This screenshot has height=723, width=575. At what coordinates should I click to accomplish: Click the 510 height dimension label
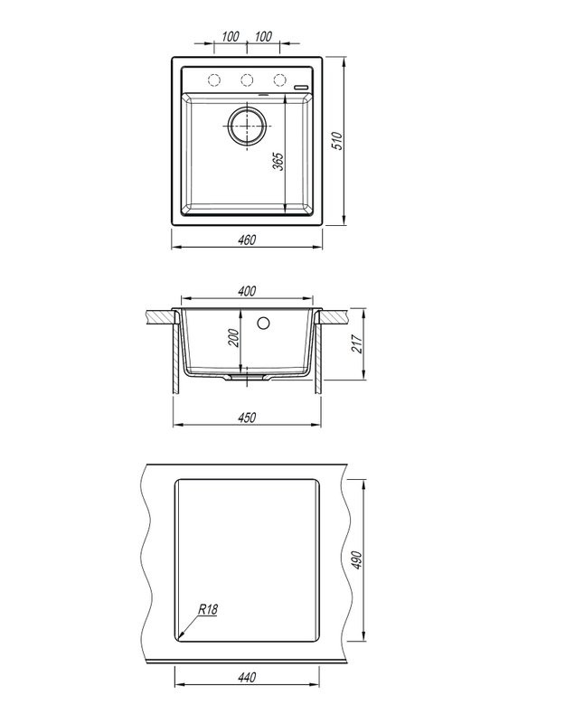[x=336, y=140]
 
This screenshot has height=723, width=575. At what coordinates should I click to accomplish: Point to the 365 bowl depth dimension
[x=278, y=161]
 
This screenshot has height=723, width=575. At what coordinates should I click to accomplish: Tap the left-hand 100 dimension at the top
[x=229, y=36]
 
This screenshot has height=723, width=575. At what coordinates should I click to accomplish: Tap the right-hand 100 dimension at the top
[x=264, y=36]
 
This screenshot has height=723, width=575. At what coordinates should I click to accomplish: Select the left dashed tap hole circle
[x=212, y=79]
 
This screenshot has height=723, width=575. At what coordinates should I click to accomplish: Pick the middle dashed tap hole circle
[x=246, y=79]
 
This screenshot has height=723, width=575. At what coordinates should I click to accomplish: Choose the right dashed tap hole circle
[x=280, y=79]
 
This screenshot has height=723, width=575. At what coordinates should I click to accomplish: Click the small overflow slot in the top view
[x=300, y=87]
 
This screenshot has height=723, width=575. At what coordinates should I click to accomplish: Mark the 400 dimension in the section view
[x=247, y=290]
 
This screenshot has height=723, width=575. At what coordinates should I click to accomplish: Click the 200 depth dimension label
[x=233, y=339]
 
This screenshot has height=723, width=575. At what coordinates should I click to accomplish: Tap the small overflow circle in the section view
[x=265, y=322]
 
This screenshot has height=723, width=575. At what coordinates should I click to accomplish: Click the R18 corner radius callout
[x=207, y=611]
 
